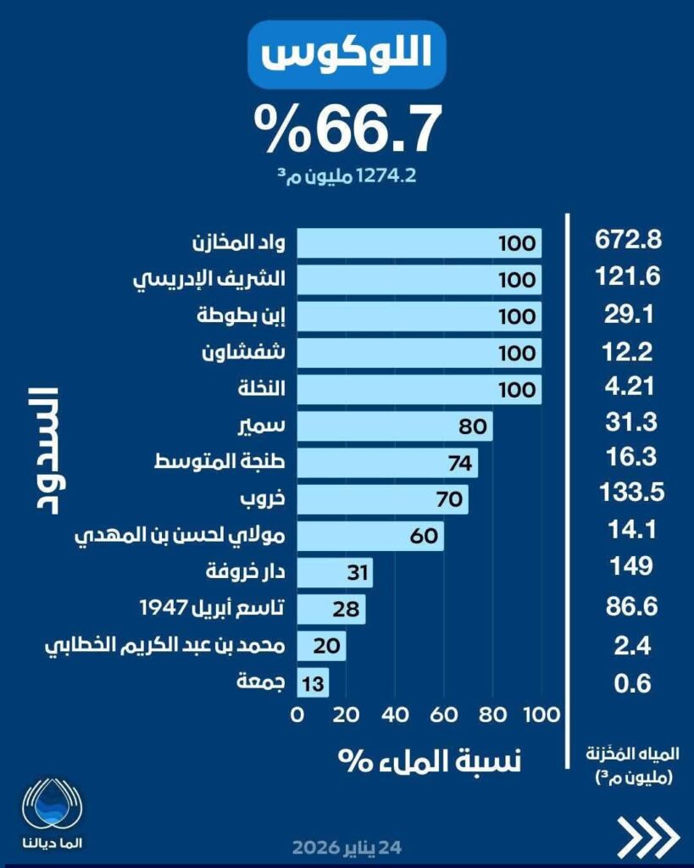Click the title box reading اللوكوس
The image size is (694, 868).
347,55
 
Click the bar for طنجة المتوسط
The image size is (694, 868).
386,463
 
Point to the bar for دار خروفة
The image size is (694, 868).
334,573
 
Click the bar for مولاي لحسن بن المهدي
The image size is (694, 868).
369,536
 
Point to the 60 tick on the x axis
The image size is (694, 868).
441,715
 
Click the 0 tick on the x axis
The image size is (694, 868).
297,715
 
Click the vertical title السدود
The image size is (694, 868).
40,449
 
